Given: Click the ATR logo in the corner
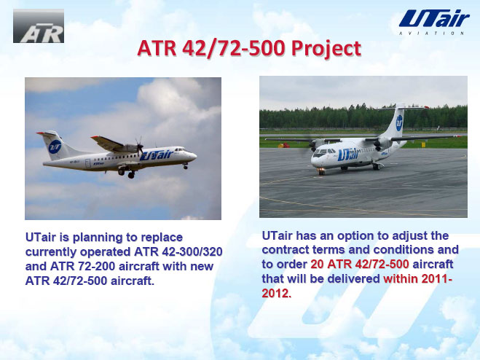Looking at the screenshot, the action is point(39,26).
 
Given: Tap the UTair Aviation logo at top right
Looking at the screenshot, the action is point(434,22).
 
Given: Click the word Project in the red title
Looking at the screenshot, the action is point(326,48).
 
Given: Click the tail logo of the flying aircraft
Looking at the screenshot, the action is point(55,146).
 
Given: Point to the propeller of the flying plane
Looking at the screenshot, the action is point(140,146).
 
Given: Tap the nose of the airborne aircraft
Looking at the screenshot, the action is point(194,156).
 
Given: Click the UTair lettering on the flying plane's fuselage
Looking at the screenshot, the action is point(157,155).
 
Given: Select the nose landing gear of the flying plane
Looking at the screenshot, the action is point(186,166).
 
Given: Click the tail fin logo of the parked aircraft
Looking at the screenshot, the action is point(399,123).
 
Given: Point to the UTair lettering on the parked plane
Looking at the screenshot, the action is point(348,154).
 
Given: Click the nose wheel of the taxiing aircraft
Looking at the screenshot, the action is point(321,171).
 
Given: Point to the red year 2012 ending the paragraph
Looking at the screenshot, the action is point(277,293).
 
